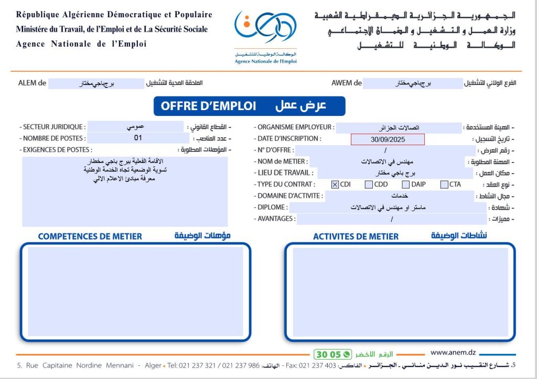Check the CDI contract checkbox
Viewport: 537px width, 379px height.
click(335, 185)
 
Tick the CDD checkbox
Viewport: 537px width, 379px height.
click(369, 185)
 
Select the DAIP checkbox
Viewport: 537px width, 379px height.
click(406, 185)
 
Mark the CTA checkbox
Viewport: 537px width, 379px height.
click(444, 185)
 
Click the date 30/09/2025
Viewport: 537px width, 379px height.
click(388, 139)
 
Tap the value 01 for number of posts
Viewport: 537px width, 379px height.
click(138, 138)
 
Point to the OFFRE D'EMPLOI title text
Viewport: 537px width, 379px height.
click(208, 106)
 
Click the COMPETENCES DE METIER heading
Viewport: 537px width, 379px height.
click(90, 236)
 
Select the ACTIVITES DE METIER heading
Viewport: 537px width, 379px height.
click(356, 237)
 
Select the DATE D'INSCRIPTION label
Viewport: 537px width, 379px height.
click(288, 139)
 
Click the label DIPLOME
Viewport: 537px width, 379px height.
click(272, 208)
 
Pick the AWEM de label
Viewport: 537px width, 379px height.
click(347, 83)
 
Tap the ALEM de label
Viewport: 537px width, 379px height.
click(33, 83)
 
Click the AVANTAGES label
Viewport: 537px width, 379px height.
click(275, 219)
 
